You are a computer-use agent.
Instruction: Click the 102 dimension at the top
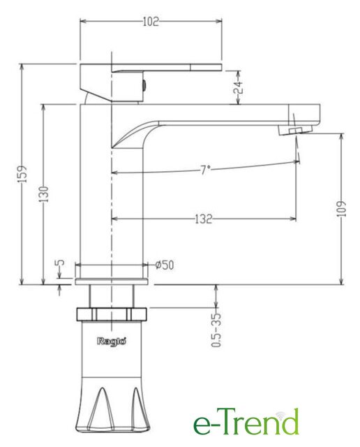[151, 22]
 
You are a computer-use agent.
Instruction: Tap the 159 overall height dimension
[23, 174]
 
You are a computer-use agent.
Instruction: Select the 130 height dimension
[43, 194]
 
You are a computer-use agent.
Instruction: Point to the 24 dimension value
[238, 87]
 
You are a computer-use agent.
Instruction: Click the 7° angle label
[205, 170]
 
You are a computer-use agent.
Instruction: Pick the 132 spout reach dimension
[204, 219]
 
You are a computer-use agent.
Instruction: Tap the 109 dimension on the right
[341, 209]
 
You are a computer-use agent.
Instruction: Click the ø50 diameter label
[165, 265]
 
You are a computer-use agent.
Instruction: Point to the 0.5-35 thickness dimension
[216, 330]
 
